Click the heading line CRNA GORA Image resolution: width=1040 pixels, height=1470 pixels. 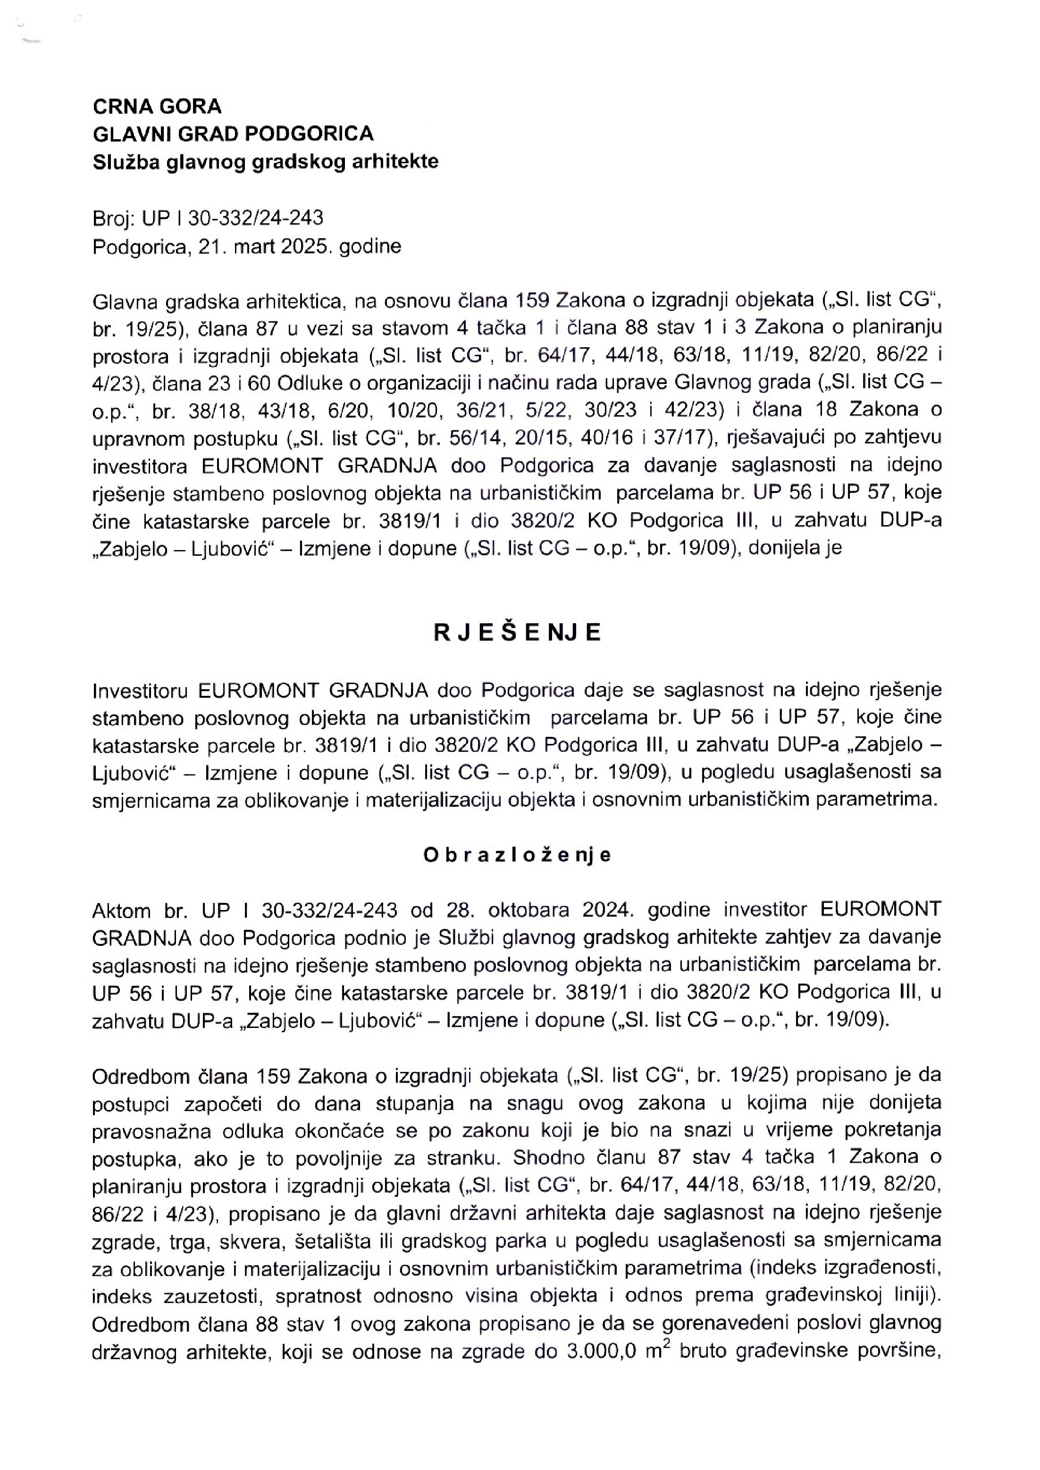click(x=157, y=106)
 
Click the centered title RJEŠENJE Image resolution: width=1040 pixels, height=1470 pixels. click(x=518, y=633)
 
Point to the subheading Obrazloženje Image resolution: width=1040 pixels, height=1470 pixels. click(x=518, y=855)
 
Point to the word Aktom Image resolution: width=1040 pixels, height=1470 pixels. click(x=122, y=909)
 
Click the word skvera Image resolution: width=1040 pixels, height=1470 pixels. click(x=250, y=1242)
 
